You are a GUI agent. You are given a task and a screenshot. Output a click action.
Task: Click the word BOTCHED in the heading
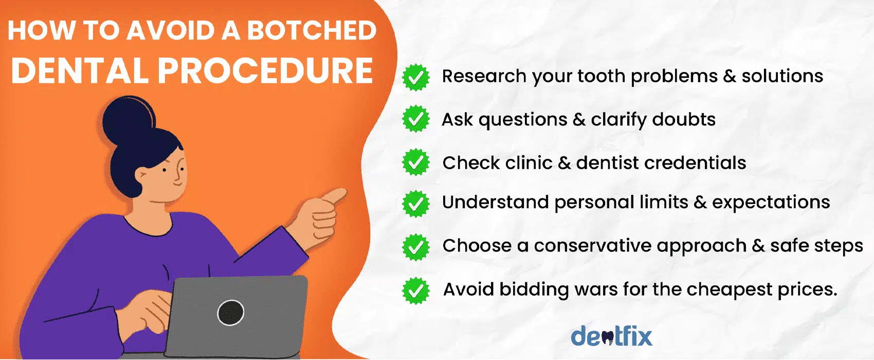click(312, 30)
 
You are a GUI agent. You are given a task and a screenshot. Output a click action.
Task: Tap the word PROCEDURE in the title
click(265, 70)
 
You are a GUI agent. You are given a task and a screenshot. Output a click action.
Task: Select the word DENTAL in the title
click(80, 70)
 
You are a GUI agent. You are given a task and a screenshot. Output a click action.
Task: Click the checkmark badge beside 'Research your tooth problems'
click(416, 77)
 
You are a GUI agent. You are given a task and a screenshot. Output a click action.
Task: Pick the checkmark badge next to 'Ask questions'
click(416, 119)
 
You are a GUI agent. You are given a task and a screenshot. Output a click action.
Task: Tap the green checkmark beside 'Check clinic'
click(416, 162)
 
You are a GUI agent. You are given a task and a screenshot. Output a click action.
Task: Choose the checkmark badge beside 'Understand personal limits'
click(416, 204)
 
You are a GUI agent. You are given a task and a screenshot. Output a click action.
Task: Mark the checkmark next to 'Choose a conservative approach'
click(416, 247)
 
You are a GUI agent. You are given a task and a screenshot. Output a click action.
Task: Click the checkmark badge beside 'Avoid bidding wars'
click(416, 291)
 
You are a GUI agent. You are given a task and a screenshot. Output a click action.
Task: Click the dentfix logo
click(611, 336)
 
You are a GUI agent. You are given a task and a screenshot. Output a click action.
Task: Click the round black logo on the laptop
click(231, 312)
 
